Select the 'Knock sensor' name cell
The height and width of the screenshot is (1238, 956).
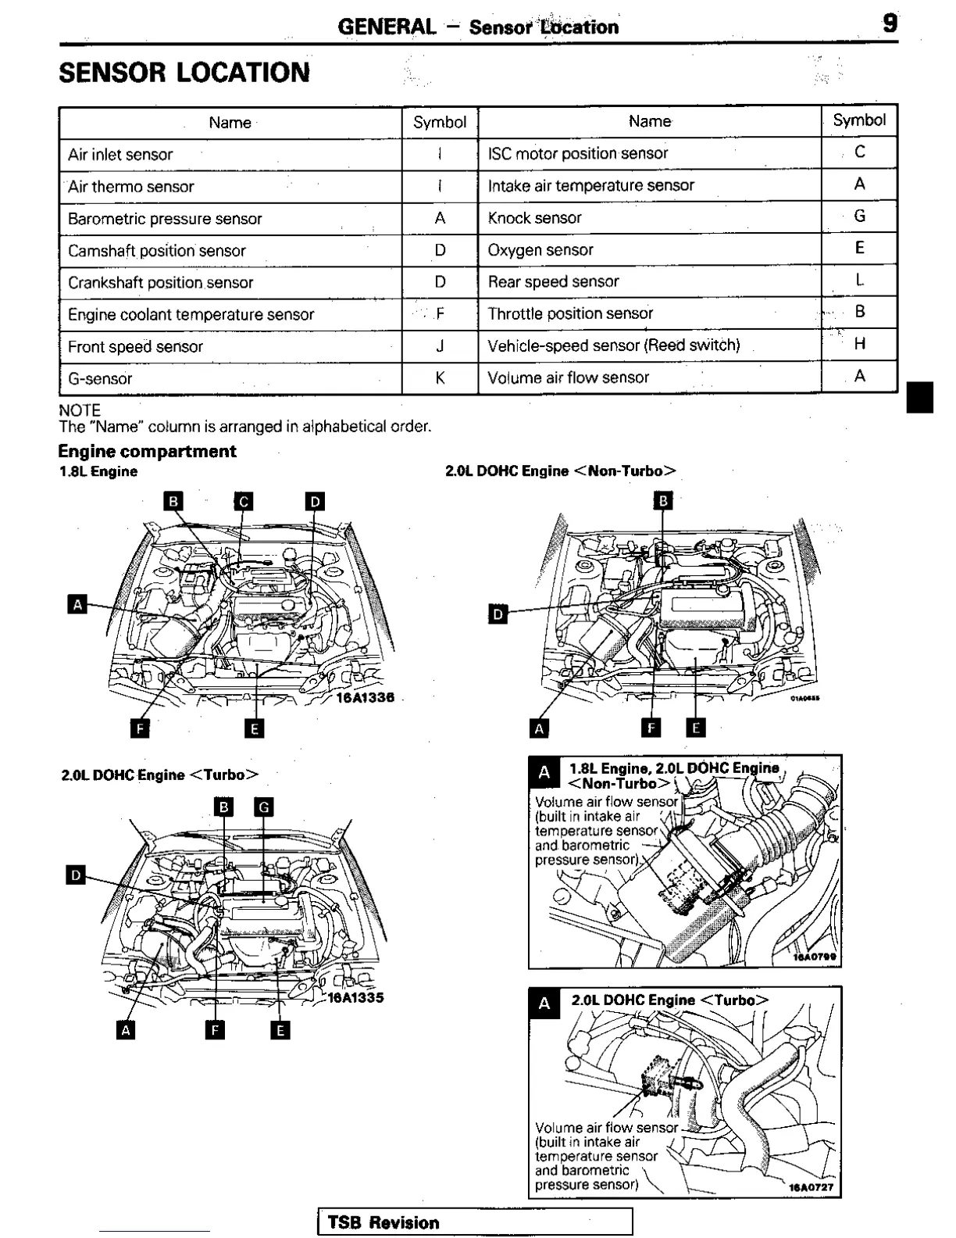534,218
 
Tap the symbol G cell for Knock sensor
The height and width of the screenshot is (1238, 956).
859,216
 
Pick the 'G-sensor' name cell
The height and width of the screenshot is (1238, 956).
100,379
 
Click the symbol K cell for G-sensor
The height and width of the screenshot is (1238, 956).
440,379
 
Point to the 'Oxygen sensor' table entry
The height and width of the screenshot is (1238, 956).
540,250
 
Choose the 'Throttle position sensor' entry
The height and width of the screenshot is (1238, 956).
570,313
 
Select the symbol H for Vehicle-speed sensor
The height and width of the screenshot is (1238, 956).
859,344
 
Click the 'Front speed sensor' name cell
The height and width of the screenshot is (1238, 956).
135,347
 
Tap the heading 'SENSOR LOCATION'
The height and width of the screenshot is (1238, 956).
184,73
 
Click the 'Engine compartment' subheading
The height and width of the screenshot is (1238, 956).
147,451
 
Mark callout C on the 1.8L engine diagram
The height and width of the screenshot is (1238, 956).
244,501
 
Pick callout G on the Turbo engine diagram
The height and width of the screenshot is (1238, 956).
265,807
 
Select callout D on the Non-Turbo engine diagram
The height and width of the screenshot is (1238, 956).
497,614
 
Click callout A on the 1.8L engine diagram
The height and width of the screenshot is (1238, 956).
77,604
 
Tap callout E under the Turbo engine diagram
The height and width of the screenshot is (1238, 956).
280,1030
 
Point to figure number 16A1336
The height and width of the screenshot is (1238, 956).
365,697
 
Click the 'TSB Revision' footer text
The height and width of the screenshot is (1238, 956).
383,1222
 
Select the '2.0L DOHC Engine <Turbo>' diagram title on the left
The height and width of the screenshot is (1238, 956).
159,775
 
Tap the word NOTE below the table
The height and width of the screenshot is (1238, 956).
80,410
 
